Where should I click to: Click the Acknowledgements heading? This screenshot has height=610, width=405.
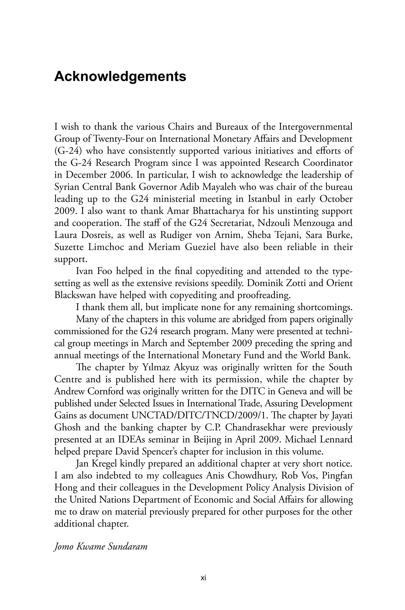[x=120, y=76]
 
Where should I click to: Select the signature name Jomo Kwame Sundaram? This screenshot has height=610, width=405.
[x=101, y=547]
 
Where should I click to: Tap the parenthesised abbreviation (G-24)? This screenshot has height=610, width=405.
[x=68, y=151]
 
